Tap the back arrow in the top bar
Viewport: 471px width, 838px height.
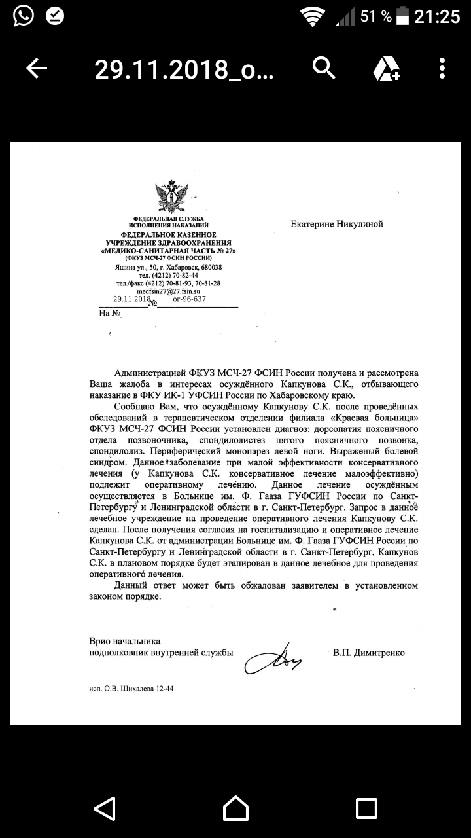point(37,67)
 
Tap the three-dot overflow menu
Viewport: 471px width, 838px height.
point(443,67)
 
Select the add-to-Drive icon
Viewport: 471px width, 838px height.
point(386,67)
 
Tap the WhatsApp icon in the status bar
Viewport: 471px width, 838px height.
point(22,16)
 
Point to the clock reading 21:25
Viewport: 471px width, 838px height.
point(437,16)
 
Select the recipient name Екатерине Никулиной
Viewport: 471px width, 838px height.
point(337,224)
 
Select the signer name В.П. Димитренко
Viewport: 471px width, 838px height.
point(368,653)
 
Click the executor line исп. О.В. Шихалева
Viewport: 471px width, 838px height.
point(131,688)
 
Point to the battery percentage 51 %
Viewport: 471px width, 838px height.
point(376,16)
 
